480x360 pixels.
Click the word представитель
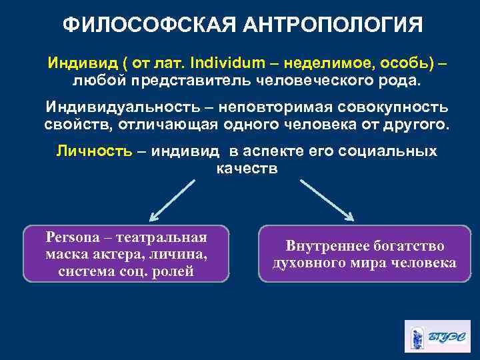[197, 81]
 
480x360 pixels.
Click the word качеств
[247, 168]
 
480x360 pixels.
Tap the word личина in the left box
[177, 254]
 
